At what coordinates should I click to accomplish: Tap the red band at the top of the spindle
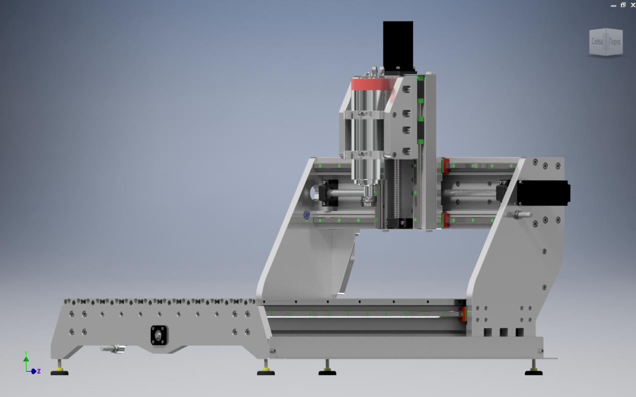click(x=370, y=84)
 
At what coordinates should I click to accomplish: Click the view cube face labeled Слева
click(x=597, y=42)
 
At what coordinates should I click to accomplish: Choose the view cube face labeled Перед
click(x=615, y=42)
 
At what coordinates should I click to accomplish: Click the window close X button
click(x=633, y=5)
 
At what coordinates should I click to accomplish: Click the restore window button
click(x=623, y=5)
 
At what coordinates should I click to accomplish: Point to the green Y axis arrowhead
click(x=26, y=359)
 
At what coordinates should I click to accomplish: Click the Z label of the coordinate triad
click(x=39, y=371)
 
